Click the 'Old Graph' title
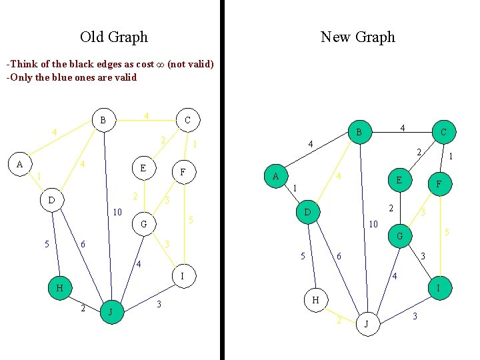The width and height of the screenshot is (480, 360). coord(113,37)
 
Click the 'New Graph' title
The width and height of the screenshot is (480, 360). coord(358,37)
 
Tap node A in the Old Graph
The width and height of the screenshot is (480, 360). coord(20,164)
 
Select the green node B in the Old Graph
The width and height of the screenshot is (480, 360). coord(103,120)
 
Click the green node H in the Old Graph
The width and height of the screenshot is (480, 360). coord(60,288)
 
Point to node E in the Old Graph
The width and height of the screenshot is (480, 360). coord(143,168)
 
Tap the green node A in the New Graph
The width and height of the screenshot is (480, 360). coord(275,177)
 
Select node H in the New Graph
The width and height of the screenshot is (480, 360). coord(316,300)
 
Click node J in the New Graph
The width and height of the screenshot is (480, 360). coord(366,324)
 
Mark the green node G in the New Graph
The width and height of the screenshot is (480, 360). coord(399,236)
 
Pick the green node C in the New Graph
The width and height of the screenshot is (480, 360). coord(444,133)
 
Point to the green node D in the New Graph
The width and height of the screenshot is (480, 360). coord(307,213)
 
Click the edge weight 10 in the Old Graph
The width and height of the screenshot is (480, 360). coord(117,213)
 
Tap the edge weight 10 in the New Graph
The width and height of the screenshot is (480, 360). coord(374,224)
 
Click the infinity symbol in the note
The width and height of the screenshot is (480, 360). coord(159,64)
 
